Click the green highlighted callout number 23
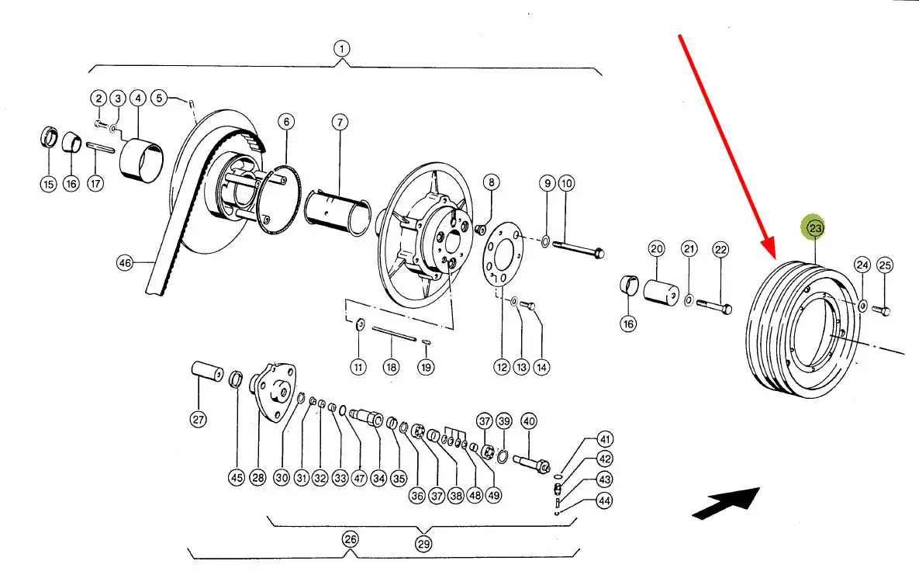[814, 227]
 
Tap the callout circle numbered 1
[342, 49]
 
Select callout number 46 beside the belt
[125, 263]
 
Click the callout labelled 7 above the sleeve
[340, 123]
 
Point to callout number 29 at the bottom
[423, 544]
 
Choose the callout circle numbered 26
[350, 539]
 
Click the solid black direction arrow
[727, 503]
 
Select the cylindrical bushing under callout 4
[141, 159]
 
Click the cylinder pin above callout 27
[208, 371]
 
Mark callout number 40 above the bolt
[529, 421]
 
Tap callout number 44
[604, 500]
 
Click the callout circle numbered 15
[48, 184]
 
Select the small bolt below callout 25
[882, 310]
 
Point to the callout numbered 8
[491, 182]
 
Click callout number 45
[237, 478]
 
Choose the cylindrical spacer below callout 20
[661, 292]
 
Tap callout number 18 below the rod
[391, 368]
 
